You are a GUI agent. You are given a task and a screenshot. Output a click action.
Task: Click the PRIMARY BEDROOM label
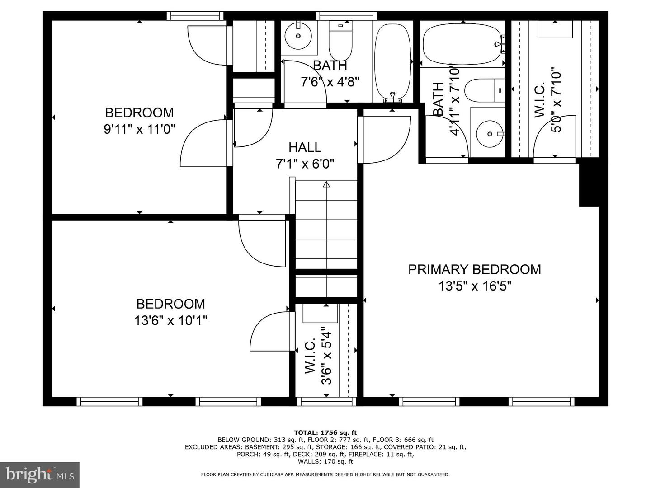click(x=474, y=269)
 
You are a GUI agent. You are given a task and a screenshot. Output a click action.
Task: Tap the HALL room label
click(x=305, y=147)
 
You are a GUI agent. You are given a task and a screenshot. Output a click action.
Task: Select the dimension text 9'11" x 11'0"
click(x=139, y=129)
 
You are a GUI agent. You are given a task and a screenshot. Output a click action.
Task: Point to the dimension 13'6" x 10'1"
click(x=170, y=320)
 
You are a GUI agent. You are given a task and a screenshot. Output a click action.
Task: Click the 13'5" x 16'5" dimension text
click(x=474, y=286)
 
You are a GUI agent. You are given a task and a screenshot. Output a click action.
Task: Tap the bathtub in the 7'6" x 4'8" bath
click(x=392, y=61)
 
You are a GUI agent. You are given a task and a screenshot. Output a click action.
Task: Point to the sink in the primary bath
click(x=489, y=134)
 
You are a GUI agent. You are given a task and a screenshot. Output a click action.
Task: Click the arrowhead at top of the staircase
click(x=326, y=184)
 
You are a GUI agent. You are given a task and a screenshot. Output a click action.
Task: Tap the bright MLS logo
click(x=39, y=474)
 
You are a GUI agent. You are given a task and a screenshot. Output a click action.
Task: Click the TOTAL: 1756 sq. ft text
click(x=325, y=432)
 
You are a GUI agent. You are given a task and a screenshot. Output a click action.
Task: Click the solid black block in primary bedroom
click(x=589, y=185)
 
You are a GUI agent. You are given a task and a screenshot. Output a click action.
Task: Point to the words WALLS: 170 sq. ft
click(x=325, y=461)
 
